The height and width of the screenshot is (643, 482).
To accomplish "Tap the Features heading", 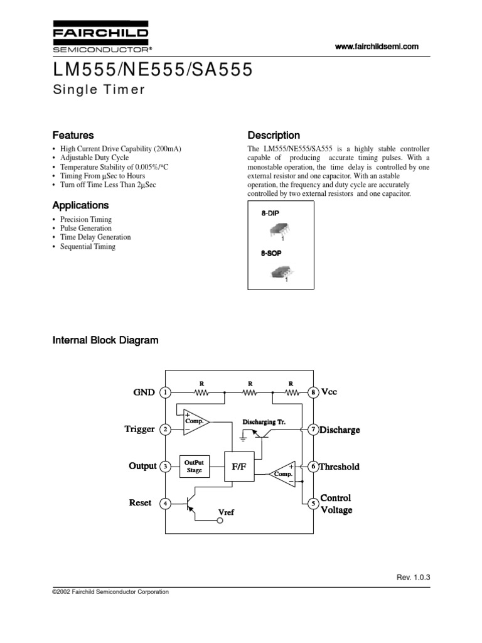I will tap(73, 135).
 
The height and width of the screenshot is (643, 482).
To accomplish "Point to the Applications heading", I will tap(80, 205).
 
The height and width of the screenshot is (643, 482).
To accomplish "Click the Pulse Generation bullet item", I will tap(87, 229).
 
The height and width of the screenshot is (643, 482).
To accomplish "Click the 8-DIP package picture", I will tap(277, 232).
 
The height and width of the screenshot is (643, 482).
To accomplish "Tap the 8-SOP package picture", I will tap(278, 271).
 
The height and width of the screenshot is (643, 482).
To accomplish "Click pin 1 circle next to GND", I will tap(165, 392).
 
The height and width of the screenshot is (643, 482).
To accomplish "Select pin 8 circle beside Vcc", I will tap(313, 392).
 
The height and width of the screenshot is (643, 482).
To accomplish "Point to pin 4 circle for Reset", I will tap(165, 504).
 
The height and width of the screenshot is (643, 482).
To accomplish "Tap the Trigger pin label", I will tap(139, 430).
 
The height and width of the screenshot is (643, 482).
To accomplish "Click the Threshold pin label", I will tap(340, 467).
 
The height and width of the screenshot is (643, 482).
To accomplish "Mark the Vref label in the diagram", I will tap(225, 513).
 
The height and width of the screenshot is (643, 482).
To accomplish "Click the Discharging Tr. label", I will tap(264, 422).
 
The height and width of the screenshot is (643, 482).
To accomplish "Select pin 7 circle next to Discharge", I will tap(313, 430).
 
